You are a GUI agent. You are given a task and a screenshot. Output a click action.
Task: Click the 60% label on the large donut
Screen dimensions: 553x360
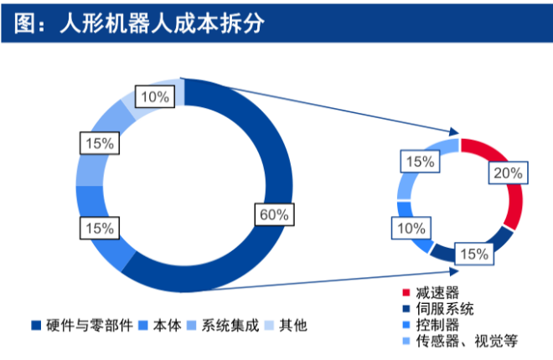click(x=274, y=214)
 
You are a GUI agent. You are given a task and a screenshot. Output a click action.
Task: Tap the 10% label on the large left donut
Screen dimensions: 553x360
click(x=155, y=96)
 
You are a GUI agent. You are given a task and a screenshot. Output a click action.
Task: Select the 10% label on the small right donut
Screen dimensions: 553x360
click(x=411, y=229)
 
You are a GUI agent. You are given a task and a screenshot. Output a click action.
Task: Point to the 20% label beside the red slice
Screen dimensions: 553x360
click(x=508, y=172)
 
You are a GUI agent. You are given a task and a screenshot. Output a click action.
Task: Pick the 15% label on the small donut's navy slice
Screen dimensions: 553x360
click(x=474, y=254)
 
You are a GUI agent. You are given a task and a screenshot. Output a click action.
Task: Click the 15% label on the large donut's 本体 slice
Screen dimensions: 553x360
click(x=100, y=229)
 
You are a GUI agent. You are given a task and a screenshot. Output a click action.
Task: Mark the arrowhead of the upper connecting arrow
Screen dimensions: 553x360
click(x=455, y=132)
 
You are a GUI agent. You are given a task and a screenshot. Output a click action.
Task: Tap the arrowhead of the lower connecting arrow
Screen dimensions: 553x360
click(x=455, y=271)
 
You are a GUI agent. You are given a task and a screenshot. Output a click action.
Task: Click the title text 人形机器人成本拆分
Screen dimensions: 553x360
click(x=162, y=24)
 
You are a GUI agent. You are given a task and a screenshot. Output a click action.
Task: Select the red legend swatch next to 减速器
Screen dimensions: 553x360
click(x=406, y=293)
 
